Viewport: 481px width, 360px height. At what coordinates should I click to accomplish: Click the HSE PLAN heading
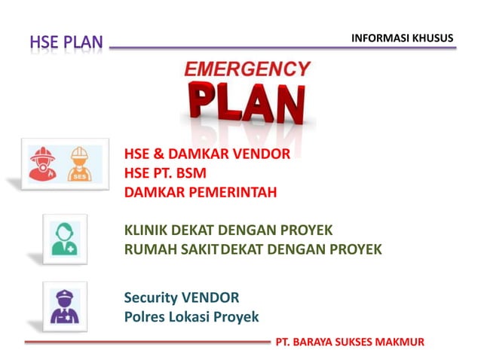click(66, 43)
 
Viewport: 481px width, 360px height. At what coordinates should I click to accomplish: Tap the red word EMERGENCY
click(247, 70)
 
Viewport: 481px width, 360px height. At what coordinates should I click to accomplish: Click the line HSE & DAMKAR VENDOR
click(207, 154)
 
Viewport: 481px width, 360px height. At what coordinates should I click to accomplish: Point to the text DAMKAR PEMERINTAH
click(201, 192)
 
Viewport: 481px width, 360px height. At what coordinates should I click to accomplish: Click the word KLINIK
click(146, 230)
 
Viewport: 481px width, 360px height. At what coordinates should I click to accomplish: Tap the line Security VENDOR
click(182, 297)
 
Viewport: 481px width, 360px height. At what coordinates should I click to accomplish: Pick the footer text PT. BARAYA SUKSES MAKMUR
click(350, 342)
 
